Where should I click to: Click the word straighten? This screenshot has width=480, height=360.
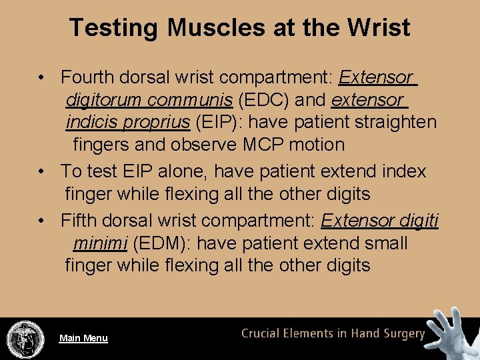(395, 123)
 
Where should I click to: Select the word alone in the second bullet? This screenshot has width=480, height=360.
(185, 171)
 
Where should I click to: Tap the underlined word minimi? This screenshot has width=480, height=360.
(100, 243)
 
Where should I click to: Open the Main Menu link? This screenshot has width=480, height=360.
(83, 338)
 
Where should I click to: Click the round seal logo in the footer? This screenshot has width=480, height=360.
(25, 339)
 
